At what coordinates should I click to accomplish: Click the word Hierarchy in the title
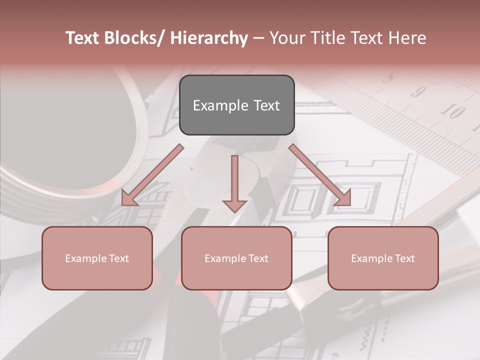pyautogui.click(x=209, y=38)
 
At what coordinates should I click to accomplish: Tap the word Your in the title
pyautogui.click(x=285, y=38)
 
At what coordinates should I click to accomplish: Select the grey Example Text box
pyautogui.click(x=236, y=105)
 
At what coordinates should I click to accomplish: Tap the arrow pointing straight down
pyautogui.click(x=234, y=183)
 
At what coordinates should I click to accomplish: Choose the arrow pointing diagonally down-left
pyautogui.click(x=151, y=175)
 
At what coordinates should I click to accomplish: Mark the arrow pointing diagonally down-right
pyautogui.click(x=320, y=175)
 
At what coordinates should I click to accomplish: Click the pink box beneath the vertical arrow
pyautogui.click(x=236, y=258)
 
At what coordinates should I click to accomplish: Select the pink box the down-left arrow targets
pyautogui.click(x=97, y=258)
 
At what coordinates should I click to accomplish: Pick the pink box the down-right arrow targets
pyautogui.click(x=383, y=258)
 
